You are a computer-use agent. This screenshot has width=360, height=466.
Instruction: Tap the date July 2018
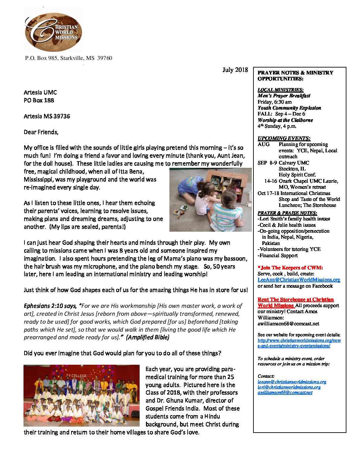click(235, 70)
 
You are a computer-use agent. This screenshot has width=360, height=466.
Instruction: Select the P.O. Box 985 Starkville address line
click(68, 58)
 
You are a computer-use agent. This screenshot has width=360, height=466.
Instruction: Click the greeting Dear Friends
click(41, 132)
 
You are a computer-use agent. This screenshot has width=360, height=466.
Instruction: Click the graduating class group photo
click(81, 396)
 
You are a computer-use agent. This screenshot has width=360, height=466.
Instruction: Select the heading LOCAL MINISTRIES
click(280, 90)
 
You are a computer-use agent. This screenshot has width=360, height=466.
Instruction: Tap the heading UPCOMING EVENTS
click(284, 138)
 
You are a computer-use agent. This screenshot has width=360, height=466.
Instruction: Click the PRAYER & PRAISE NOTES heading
click(287, 213)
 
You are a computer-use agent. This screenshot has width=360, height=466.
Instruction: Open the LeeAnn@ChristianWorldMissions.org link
click(299, 280)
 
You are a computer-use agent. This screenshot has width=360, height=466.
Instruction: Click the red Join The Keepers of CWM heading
click(290, 268)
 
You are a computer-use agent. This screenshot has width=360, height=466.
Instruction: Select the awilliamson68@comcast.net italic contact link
click(285, 393)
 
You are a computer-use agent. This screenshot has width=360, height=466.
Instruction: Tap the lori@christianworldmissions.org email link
click(289, 387)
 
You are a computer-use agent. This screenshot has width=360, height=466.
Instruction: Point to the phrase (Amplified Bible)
click(148, 337)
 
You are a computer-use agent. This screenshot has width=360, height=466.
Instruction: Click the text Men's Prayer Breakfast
click(284, 96)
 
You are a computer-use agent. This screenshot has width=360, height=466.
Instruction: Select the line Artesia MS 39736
click(47, 116)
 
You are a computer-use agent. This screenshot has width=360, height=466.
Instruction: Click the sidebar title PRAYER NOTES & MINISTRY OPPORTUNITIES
click(295, 75)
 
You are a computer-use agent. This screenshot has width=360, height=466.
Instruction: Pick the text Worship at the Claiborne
click(285, 120)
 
